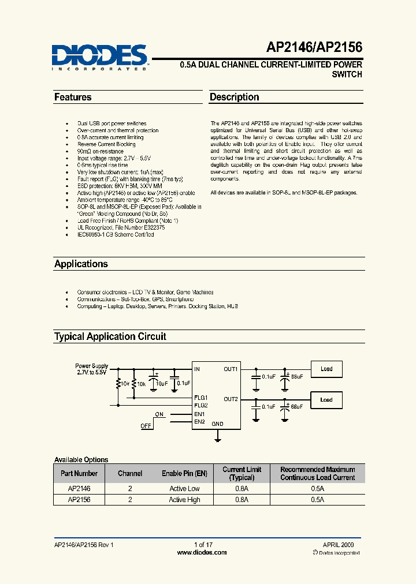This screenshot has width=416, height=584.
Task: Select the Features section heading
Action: (73, 98)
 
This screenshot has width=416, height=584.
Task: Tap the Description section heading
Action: (234, 98)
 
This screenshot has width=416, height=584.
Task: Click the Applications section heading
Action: (81, 264)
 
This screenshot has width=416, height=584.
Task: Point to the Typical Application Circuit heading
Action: (110, 336)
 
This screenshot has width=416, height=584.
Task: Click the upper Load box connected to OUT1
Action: (326, 369)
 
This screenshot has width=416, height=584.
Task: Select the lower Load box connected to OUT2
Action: (326, 399)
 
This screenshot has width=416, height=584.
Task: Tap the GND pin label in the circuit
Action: (217, 424)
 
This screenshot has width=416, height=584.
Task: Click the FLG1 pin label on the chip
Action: (200, 398)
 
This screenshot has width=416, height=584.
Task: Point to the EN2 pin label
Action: (199, 422)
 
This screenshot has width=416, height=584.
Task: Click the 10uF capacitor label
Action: (162, 383)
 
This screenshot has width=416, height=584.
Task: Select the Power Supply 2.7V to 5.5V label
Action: (91, 369)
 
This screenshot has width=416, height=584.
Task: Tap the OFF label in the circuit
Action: (146, 425)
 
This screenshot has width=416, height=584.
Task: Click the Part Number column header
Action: (79, 473)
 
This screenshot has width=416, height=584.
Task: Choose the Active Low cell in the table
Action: (184, 488)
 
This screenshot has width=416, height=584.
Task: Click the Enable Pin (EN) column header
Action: (184, 473)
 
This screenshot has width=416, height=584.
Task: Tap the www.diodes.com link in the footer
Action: (202, 552)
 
